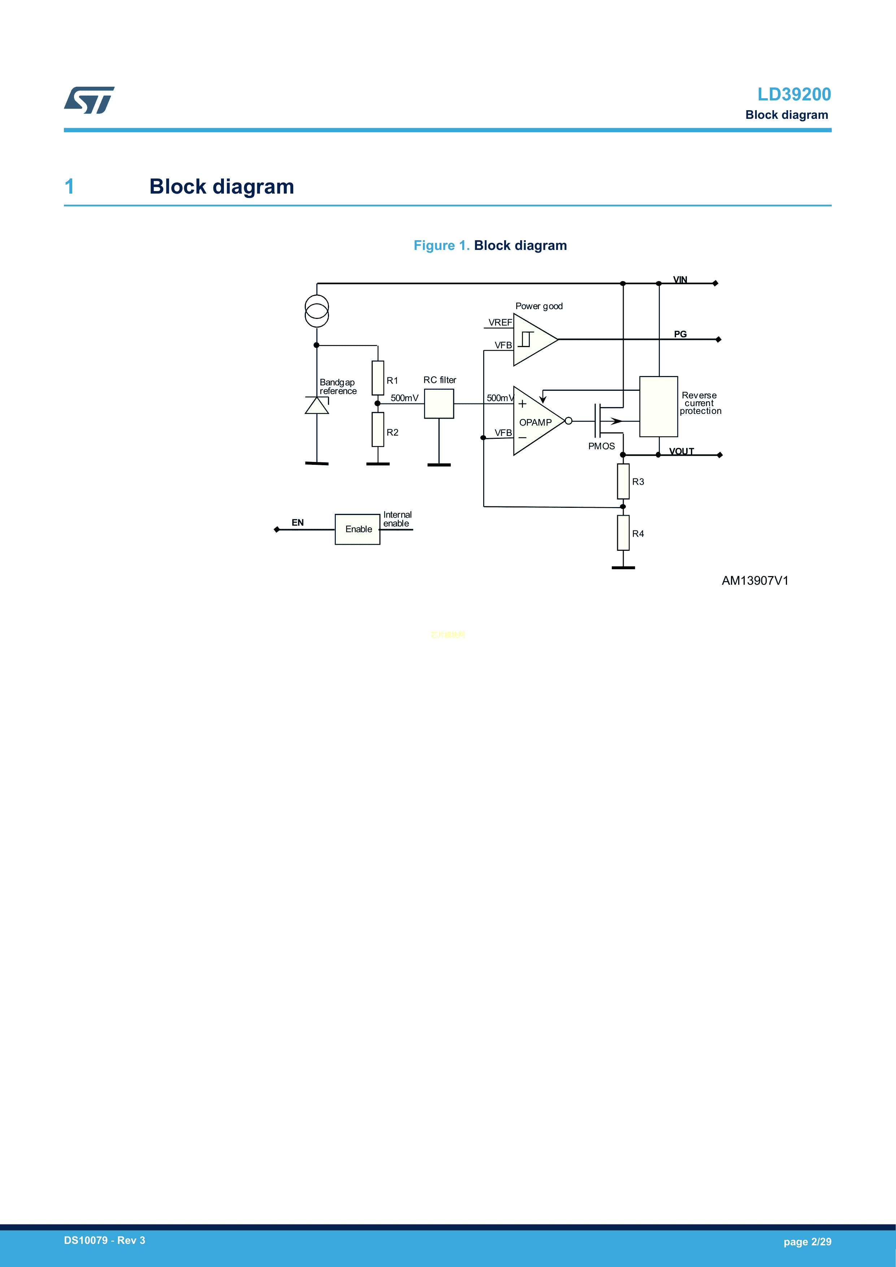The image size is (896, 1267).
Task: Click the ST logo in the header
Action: point(89,100)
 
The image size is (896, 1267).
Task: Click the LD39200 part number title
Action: point(793,94)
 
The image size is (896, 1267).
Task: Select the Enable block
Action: point(358,529)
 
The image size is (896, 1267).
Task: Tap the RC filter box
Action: point(439,403)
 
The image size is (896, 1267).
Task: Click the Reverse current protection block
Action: point(658,406)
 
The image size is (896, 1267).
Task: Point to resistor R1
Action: point(378,378)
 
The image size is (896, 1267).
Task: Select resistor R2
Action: point(378,429)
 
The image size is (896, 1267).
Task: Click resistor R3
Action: point(623,481)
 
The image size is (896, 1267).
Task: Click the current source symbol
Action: point(317,311)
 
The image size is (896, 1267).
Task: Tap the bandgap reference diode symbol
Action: point(317,406)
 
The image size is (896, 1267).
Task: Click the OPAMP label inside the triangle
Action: point(535,423)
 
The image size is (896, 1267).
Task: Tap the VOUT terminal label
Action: point(681,451)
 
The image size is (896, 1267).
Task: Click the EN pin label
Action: point(297,523)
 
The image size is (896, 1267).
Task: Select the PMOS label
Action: point(601,446)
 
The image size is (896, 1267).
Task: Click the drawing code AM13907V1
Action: point(755,580)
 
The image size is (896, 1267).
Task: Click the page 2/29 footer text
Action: point(807,1242)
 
